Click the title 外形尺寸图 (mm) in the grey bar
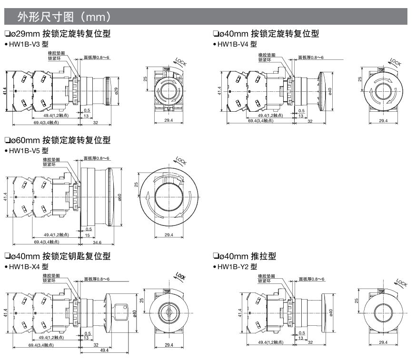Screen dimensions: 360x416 64,18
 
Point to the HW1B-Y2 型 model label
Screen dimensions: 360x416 237,267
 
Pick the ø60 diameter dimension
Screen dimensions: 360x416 120,196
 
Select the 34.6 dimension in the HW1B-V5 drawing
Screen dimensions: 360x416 98,242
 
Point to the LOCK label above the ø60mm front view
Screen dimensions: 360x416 181,161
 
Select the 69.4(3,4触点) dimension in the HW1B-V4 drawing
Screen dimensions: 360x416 260,121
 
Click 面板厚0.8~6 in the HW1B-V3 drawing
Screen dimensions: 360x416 97,58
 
